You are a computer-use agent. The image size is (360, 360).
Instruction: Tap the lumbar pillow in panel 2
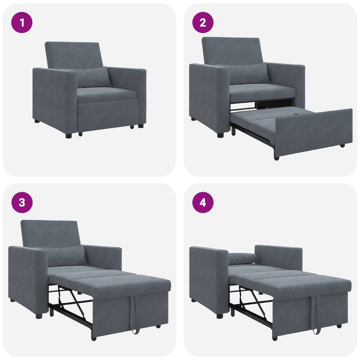[248, 73]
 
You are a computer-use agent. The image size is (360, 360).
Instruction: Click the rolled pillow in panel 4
[242, 258]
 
